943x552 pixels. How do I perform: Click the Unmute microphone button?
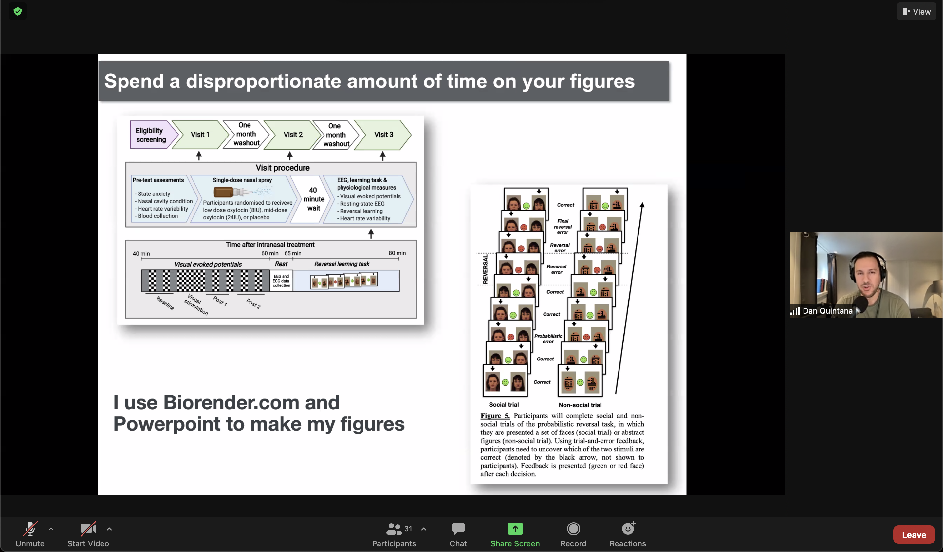30,529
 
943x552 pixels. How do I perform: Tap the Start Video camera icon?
88,529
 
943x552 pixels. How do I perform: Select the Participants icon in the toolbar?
394,529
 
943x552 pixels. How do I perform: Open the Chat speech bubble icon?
458,529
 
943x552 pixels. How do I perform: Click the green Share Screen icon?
515,529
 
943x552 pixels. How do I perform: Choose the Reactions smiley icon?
628,528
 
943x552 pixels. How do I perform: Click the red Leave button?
914,535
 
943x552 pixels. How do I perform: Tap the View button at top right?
916,11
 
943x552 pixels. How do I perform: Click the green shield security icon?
18,11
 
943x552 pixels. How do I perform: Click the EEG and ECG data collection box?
281,281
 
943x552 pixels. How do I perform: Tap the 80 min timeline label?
397,253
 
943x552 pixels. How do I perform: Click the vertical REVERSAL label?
485,269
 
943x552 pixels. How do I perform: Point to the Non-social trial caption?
580,405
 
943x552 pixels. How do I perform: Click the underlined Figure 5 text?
495,416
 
